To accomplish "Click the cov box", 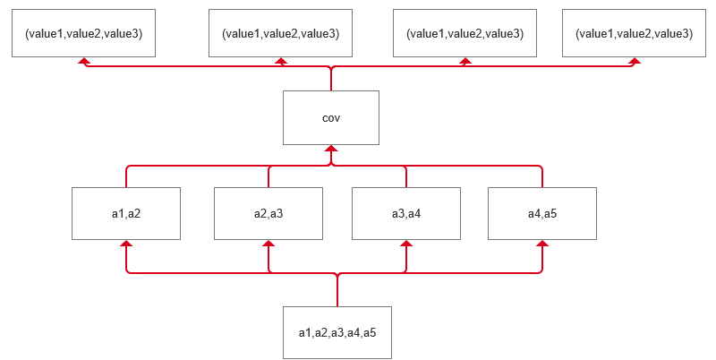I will point(330,117).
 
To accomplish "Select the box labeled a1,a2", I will point(126,213).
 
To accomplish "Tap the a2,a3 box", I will point(268,213).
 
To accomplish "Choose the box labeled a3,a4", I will point(406,213).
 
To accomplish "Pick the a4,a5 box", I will point(542,213).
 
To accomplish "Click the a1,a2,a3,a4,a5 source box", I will point(337,332).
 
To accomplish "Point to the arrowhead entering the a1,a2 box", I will point(126,244).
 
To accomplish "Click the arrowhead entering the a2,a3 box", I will point(269,244).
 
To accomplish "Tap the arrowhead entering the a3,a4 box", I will point(406,244).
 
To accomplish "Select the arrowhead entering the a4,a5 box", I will point(542,244).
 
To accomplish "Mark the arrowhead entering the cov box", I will point(331,150).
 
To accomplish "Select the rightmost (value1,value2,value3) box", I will point(634,33).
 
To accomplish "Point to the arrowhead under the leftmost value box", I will point(84,62).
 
